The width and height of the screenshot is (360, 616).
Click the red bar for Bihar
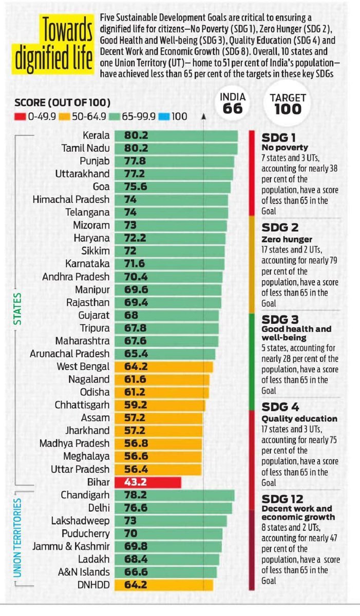click(x=147, y=483)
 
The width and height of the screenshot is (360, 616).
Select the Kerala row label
click(x=96, y=136)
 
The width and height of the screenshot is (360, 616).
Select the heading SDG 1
click(x=279, y=138)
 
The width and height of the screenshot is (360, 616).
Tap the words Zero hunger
click(x=282, y=239)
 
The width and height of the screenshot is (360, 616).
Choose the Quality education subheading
click(x=299, y=418)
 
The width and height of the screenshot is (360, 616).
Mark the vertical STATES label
click(x=16, y=309)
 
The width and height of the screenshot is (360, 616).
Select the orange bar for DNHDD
click(x=163, y=585)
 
